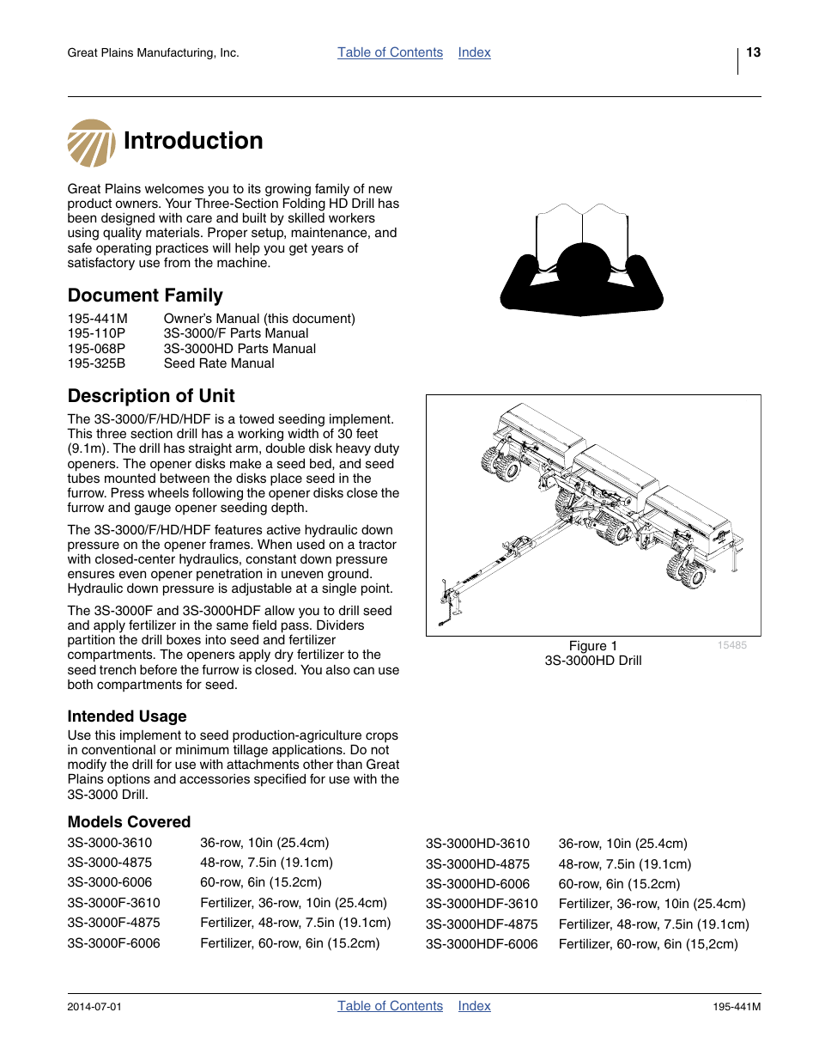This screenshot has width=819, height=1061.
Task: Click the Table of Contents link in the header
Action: click(390, 52)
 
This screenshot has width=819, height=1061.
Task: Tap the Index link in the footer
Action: click(474, 1006)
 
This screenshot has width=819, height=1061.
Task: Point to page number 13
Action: click(753, 52)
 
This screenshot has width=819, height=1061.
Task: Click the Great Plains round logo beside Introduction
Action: click(91, 143)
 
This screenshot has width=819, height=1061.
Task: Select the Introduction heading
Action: click(193, 141)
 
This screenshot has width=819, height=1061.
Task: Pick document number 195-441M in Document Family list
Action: click(97, 319)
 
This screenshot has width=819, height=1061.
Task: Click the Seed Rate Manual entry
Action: click(219, 363)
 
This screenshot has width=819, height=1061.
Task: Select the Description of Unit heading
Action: click(151, 396)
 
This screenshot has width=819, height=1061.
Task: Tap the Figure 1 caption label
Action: click(592, 646)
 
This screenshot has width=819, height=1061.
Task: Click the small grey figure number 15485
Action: click(731, 645)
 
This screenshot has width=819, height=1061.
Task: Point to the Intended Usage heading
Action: click(127, 716)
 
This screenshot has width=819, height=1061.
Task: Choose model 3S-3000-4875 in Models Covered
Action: click(110, 863)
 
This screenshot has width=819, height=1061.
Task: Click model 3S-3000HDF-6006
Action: click(482, 944)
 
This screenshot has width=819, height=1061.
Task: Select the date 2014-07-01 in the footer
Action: click(94, 1007)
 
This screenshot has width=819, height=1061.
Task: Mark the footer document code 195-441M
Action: click(736, 1007)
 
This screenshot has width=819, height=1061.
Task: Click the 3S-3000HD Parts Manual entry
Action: click(240, 349)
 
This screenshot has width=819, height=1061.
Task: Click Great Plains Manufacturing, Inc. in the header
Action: click(153, 53)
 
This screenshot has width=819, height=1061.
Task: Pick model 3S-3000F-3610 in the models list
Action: click(113, 903)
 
